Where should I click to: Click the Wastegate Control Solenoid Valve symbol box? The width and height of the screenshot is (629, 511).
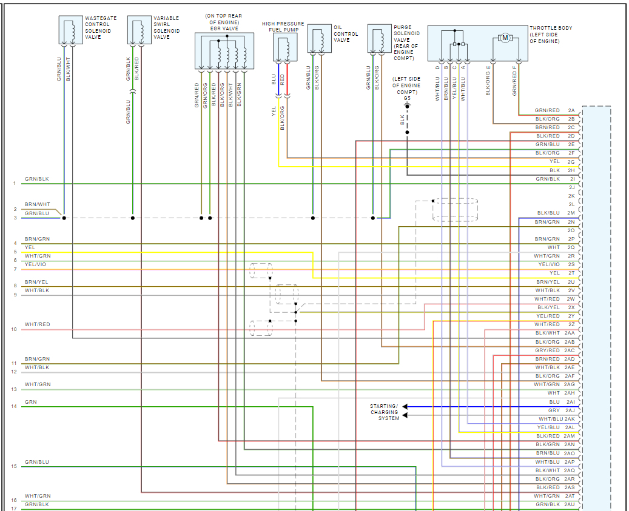tap(70, 30)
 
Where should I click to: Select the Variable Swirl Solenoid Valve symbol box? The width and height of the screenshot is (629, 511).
tap(139, 30)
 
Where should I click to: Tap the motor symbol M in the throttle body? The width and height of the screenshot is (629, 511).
tap(505, 38)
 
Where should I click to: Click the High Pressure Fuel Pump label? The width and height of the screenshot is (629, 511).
tap(283, 26)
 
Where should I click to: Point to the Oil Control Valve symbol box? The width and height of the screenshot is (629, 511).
tap(319, 39)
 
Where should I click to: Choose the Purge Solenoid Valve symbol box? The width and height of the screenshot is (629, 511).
tap(379, 39)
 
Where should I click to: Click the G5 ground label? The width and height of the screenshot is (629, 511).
tap(407, 98)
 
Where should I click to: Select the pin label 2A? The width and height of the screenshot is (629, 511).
tap(571, 110)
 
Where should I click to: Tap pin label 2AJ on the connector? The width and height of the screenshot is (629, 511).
tap(570, 410)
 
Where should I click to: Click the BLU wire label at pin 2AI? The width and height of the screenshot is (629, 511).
tap(554, 402)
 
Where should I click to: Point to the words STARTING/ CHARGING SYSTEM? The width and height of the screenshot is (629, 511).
tap(385, 412)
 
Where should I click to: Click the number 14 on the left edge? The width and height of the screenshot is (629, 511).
tap(14, 406)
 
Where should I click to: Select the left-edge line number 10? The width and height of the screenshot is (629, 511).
tap(14, 329)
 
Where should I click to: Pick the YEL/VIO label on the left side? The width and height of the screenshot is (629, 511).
tap(35, 265)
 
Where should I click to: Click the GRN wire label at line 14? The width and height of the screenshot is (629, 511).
tap(30, 402)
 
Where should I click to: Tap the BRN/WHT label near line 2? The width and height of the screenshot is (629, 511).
tap(38, 205)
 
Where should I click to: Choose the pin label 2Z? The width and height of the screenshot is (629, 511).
tap(571, 324)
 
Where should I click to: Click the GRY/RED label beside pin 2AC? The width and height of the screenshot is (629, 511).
tap(547, 350)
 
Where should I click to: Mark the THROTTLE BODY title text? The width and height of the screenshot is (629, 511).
tap(551, 28)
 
